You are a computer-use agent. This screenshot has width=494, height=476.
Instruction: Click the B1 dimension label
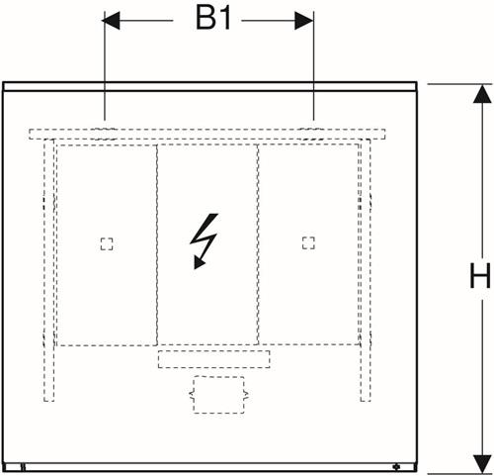213,19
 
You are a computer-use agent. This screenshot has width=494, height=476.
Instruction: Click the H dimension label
480,275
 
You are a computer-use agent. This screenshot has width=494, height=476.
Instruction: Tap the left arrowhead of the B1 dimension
111,21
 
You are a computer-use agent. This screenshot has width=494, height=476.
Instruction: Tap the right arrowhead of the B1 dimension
304,21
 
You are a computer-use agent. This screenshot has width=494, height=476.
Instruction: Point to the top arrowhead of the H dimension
482,94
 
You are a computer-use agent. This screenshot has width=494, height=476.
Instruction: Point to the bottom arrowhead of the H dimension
482,464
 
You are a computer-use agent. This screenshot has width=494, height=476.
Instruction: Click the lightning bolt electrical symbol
204,240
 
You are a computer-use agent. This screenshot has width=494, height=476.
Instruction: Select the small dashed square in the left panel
107,244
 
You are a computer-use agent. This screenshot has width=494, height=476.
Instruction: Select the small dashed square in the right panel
308,243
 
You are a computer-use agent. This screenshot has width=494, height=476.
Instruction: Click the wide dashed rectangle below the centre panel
213,359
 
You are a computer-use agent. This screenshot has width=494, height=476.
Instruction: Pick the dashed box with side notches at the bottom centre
218,395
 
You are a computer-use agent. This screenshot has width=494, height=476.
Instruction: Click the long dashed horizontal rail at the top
206,134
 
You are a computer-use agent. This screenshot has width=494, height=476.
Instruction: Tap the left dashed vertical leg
49,270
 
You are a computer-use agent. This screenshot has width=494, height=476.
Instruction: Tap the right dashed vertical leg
366,270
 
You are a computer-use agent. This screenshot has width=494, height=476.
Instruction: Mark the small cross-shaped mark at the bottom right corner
397,467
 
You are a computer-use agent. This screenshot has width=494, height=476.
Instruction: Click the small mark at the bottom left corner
23,467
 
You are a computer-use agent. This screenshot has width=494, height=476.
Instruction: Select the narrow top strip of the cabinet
209,86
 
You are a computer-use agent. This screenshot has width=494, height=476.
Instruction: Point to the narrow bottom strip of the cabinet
209,467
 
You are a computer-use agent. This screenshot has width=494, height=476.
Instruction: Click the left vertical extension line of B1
105,65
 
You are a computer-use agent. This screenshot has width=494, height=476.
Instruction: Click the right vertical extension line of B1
313,65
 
